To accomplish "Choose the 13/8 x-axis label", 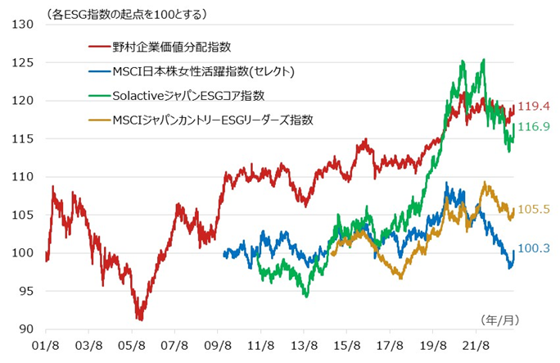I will pyautogui.click(x=305, y=346).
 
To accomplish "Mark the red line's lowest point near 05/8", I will pyautogui.click(x=140, y=319).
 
